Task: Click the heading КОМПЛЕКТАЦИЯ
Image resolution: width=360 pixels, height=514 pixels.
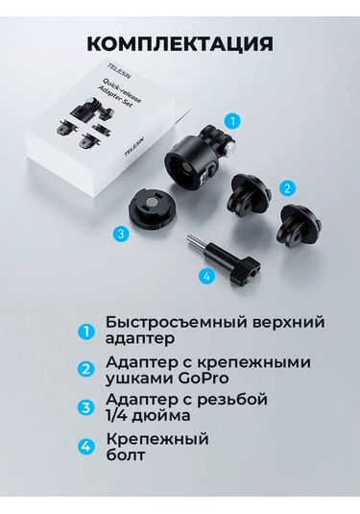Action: [x=180, y=43]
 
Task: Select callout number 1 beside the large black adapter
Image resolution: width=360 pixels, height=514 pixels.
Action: [x=236, y=122]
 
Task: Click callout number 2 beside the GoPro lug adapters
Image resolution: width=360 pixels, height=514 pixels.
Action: [x=286, y=188]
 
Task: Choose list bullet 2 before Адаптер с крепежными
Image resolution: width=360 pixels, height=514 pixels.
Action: [x=87, y=370]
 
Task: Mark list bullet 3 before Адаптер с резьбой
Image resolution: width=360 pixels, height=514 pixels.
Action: [x=87, y=406]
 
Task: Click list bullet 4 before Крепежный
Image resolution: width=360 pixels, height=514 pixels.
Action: [x=87, y=447]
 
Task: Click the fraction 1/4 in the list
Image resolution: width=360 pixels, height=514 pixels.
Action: [x=121, y=416]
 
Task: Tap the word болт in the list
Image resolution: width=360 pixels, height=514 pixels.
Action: [x=126, y=456]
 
